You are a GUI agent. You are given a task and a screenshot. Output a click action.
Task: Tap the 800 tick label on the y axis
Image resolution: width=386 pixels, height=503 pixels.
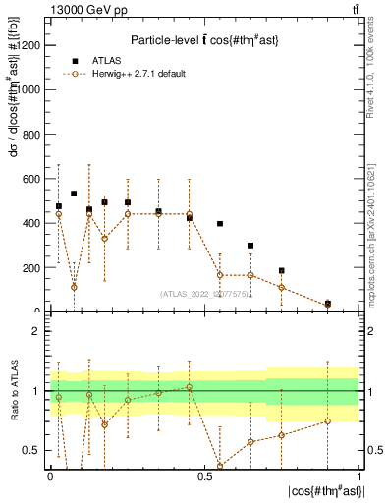(32, 134)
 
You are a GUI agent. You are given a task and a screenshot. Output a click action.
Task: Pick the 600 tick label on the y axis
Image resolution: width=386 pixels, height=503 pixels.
(32, 179)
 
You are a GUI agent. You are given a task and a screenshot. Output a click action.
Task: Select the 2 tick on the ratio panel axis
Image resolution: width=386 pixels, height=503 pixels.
(39, 331)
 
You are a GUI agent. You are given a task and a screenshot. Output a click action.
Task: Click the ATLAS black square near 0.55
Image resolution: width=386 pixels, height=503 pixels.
(220, 224)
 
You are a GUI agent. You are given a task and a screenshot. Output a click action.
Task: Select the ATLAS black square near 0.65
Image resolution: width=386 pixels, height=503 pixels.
(250, 246)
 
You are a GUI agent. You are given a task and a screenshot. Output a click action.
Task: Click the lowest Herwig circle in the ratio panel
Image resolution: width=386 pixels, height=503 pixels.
(220, 465)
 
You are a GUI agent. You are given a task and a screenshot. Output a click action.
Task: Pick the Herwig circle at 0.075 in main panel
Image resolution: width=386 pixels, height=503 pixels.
(74, 287)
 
